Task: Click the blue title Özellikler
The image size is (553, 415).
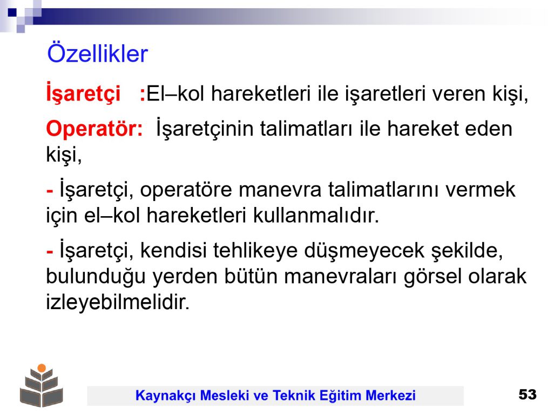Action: (98, 53)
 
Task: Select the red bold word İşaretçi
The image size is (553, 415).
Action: (83, 93)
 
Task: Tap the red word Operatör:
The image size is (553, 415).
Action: (95, 129)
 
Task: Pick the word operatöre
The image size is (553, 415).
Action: (186, 190)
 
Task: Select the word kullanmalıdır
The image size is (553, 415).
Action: (316, 215)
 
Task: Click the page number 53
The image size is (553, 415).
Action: (527, 394)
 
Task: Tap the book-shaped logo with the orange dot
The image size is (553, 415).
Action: (42, 385)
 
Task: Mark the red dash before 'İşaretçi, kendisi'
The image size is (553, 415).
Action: (50, 252)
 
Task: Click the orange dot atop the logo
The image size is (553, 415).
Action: (42, 368)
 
